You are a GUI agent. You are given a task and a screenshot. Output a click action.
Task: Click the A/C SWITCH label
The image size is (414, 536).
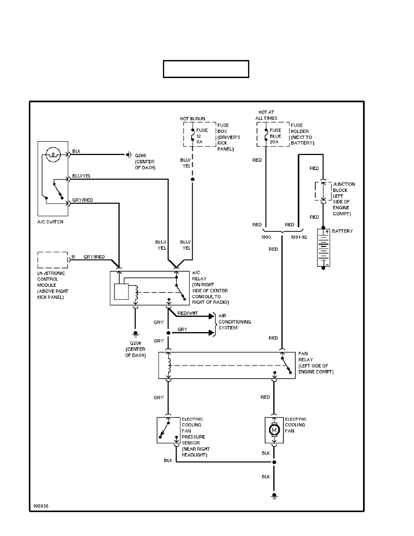point(50,222)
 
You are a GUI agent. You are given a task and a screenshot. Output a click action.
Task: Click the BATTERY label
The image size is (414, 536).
point(342,231)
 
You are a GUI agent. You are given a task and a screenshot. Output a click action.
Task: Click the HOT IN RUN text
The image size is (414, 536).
point(193,118)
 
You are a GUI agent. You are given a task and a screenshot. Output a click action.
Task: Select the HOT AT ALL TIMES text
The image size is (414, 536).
point(266,115)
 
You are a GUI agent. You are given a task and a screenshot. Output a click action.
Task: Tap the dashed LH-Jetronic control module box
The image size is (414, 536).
point(52,260)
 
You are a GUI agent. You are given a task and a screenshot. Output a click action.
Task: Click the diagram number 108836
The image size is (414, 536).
point(40,505)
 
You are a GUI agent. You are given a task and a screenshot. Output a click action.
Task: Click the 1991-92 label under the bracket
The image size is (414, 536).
point(299,236)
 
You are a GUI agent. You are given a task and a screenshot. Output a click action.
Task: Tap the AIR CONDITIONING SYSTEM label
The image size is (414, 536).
point(235,322)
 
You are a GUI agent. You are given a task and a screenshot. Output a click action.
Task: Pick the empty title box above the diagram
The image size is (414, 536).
point(206,69)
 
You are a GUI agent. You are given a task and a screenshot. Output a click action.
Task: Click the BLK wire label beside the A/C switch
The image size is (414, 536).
point(76,151)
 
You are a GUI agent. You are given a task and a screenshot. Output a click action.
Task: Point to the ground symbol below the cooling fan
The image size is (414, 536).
point(274,496)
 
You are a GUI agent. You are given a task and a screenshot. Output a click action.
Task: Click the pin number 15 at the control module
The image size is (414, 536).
point(74,257)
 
